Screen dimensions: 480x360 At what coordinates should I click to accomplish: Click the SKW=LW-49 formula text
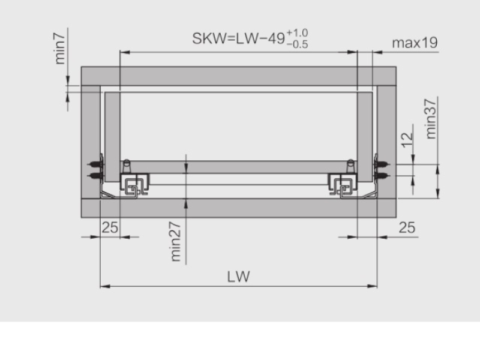point(239,38)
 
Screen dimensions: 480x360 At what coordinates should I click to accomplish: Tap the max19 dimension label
point(415,43)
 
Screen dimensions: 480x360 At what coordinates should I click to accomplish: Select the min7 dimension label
point(60,49)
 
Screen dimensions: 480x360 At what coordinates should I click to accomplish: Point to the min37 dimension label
point(431,119)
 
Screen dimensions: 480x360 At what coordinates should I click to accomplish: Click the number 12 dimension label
point(407,140)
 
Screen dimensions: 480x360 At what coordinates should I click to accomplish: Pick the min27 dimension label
point(175,242)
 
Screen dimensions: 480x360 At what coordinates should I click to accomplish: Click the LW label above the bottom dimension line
point(238,277)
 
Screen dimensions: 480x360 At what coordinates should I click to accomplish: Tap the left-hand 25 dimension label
point(110,228)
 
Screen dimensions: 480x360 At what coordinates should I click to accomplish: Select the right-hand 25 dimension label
point(407,228)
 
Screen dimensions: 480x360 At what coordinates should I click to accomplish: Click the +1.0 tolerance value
point(297,33)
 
